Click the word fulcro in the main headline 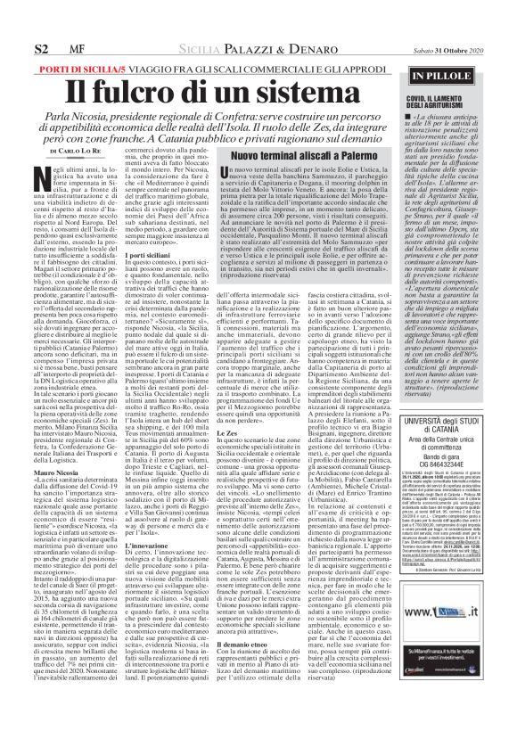(143, 91)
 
